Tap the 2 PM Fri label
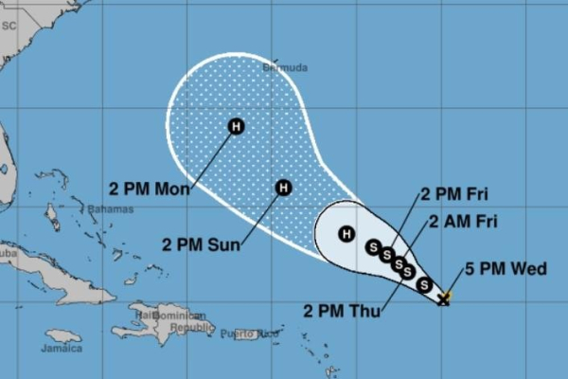coord(452,196)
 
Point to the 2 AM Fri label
coord(461,223)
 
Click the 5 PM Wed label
coord(504,270)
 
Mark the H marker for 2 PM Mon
coord(235,125)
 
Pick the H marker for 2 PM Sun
coord(283,188)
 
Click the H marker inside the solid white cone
coord(346,233)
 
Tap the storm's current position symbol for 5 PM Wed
coord(443,299)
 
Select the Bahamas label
coord(110,208)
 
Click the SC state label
coord(9,26)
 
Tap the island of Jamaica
coord(62,336)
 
